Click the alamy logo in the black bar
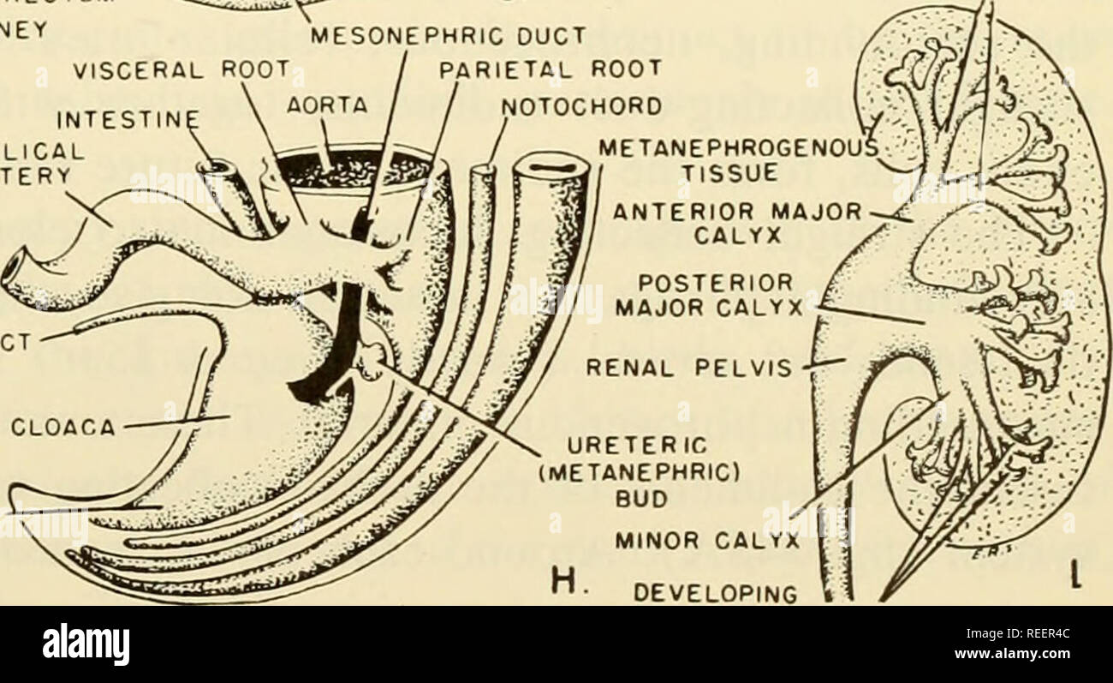[x=86, y=643]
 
